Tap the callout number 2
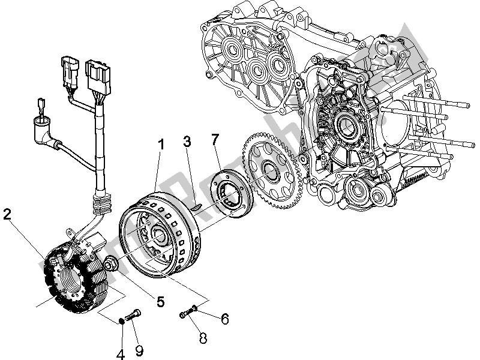click(7, 215)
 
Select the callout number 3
click(187, 142)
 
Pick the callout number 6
click(224, 319)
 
